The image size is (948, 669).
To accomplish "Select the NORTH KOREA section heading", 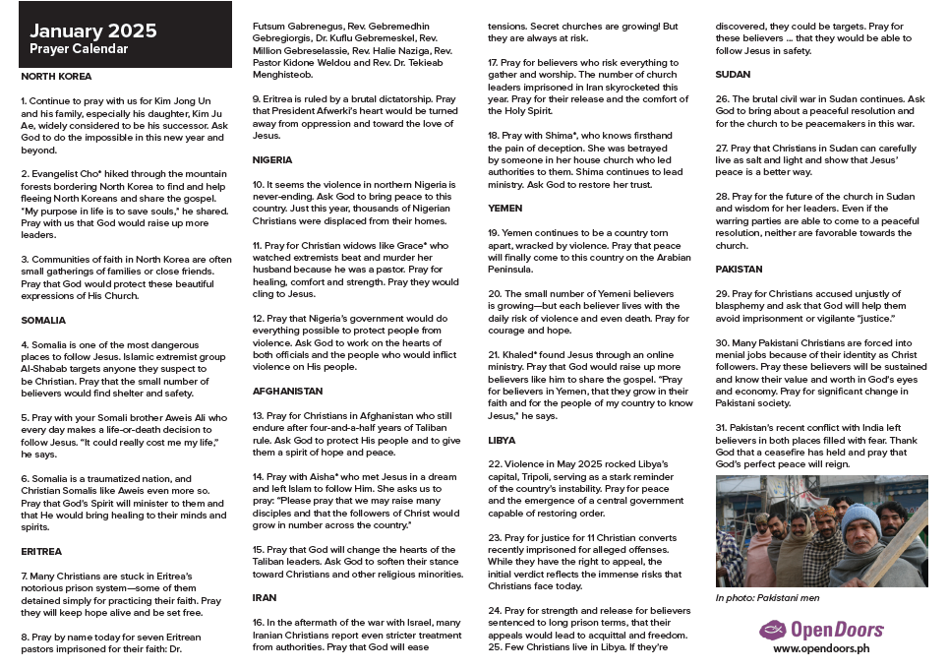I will [x=56, y=76].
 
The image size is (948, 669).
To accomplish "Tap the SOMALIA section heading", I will [x=43, y=320].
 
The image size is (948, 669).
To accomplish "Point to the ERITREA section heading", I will [x=41, y=551].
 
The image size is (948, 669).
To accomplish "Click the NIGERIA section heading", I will [x=271, y=159].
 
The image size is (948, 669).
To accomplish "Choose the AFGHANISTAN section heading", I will [x=287, y=391].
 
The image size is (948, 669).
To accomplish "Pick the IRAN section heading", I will [x=264, y=597].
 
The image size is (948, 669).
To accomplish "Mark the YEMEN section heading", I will [x=505, y=209].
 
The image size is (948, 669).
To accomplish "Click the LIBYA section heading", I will [x=502, y=440].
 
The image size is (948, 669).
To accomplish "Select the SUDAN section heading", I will [x=733, y=74].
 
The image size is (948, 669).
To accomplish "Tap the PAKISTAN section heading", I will [x=740, y=269].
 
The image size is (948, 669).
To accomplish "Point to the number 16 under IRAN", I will [x=258, y=623].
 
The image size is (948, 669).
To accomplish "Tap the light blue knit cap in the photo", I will [x=861, y=517].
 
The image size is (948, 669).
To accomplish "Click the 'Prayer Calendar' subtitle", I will [x=79, y=49].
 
